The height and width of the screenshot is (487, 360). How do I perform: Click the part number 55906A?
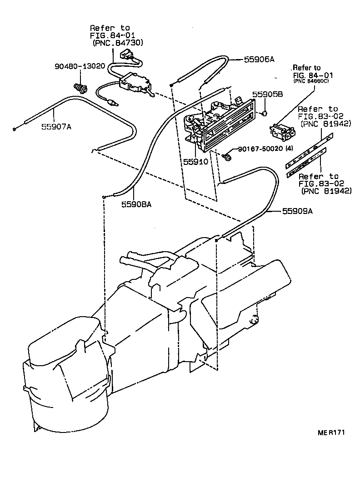[259, 60]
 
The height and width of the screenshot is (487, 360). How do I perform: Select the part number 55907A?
[55, 127]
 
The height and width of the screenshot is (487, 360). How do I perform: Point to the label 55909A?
[298, 211]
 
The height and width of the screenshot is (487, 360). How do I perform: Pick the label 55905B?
[268, 94]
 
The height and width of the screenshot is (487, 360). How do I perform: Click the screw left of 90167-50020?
[228, 157]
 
